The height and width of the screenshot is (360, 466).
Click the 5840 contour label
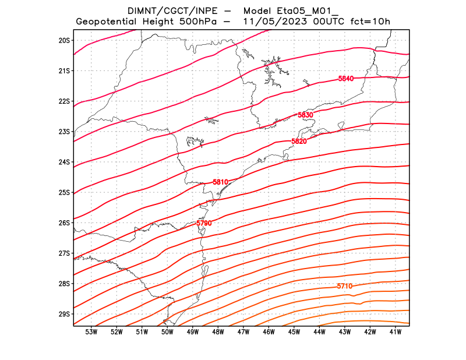pyautogui.click(x=346, y=79)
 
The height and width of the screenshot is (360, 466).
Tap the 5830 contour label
pyautogui.click(x=305, y=115)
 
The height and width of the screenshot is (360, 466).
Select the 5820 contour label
pyautogui.click(x=299, y=142)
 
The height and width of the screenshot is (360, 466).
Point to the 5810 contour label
pyautogui.click(x=220, y=182)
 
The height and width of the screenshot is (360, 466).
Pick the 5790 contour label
pyautogui.click(x=204, y=223)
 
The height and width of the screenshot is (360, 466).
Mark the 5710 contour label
pyautogui.click(x=345, y=286)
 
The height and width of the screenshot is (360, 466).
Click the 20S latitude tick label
pyautogui.click(x=64, y=40)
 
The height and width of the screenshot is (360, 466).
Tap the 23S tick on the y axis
pyautogui.click(x=64, y=132)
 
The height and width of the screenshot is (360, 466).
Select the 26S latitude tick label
pyautogui.click(x=64, y=223)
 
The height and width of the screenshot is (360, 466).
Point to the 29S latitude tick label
pyautogui.click(x=64, y=314)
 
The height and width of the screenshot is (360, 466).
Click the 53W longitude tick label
pyautogui.click(x=91, y=332)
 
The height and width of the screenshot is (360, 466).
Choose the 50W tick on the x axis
pyautogui.click(x=167, y=332)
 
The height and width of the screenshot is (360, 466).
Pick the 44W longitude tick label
pyautogui.click(x=319, y=332)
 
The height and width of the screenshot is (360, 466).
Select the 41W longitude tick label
pyautogui.click(x=396, y=332)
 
